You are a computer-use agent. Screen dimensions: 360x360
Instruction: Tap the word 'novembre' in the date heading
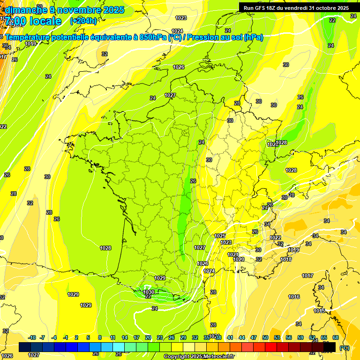click(69, 10)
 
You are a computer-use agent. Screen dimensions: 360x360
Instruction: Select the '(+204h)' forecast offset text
click(83, 21)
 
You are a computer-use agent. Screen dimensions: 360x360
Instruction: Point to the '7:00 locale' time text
click(32, 21)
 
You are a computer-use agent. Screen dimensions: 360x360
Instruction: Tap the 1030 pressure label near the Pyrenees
click(149, 292)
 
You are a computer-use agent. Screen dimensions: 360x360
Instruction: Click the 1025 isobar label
click(220, 236)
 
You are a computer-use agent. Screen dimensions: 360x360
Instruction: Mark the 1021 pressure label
click(233, 255)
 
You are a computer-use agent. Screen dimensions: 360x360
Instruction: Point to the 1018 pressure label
click(286, 259)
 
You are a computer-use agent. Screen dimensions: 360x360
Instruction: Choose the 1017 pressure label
click(307, 276)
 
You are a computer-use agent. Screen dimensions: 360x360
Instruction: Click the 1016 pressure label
click(294, 297)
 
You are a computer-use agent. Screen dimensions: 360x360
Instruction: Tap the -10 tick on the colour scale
click(32, 337)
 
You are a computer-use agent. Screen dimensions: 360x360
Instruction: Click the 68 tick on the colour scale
click(336, 337)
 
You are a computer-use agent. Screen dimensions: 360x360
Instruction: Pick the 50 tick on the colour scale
click(265, 337)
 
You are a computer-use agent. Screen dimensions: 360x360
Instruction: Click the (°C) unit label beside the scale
click(345, 347)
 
